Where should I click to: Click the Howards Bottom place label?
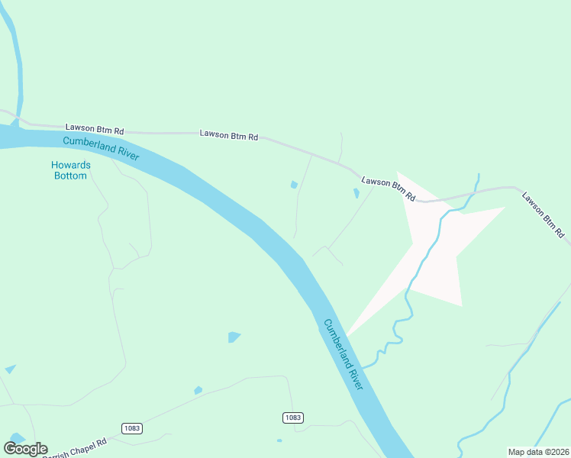click(70, 170)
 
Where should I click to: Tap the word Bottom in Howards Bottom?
click(70, 176)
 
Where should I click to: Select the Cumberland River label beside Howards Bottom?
click(101, 147)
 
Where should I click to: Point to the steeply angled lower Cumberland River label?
click(342, 355)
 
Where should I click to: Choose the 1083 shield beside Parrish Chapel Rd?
click(131, 428)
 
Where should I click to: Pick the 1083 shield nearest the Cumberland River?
click(292, 417)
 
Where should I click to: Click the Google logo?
click(25, 449)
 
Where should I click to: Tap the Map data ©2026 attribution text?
click(537, 452)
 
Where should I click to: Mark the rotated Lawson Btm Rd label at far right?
click(543, 214)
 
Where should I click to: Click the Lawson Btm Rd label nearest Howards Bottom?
click(95, 128)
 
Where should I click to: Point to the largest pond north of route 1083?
click(234, 337)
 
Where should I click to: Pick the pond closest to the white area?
click(356, 194)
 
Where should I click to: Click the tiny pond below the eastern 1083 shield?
click(279, 440)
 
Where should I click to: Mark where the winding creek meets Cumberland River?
click(363, 366)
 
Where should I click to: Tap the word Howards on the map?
click(70, 165)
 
